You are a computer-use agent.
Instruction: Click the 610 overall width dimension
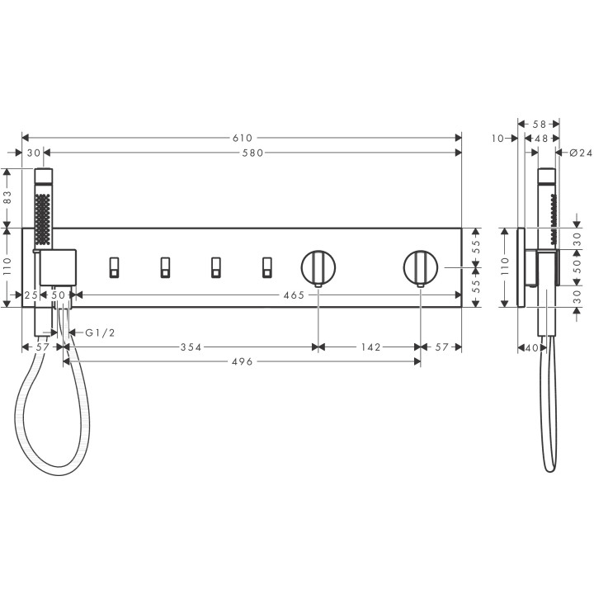coord(242,138)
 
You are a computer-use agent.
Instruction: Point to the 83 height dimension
coord(8,198)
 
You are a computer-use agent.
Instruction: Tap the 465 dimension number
coord(293,295)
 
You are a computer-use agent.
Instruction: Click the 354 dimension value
coord(192,347)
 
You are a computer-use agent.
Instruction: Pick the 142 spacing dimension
coord(370,347)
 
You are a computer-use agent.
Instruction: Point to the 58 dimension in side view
coord(540,123)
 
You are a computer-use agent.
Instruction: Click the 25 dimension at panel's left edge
coord(31,295)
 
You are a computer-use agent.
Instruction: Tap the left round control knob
coord(318,267)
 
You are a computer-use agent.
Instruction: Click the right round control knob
coord(421,267)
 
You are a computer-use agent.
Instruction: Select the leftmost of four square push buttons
coord(115,267)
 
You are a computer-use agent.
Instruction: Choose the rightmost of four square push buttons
coord(266,267)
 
